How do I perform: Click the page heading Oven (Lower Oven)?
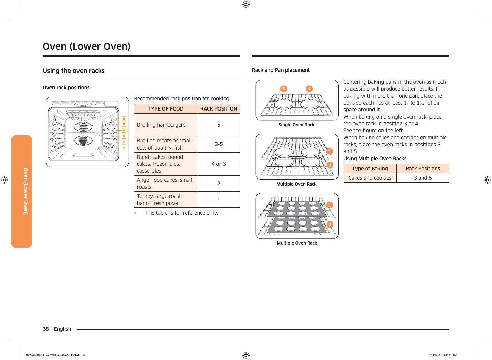pos(86,46)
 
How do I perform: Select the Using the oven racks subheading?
pos(74,71)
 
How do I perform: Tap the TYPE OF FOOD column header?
pos(166,109)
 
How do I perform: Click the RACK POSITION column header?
pos(218,109)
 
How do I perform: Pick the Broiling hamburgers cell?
pos(161,125)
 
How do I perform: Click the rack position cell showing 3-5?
pos(218,144)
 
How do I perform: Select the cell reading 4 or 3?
pos(218,164)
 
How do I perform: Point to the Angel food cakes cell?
pos(164,183)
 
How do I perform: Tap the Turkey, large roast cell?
pos(159,200)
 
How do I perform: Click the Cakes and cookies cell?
pos(370,178)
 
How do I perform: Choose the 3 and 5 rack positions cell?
pos(423,178)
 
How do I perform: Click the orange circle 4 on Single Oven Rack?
pos(309,89)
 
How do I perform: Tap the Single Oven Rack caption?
pos(297,125)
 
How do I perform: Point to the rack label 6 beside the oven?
pos(124,119)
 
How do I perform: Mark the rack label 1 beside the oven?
pos(124,148)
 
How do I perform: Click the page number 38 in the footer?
pos(46,329)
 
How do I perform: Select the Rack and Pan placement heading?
pos(281,70)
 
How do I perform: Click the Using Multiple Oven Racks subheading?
pos(375,159)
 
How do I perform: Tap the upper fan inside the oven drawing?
pos(83,127)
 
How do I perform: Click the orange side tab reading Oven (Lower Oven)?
pos(22,191)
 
